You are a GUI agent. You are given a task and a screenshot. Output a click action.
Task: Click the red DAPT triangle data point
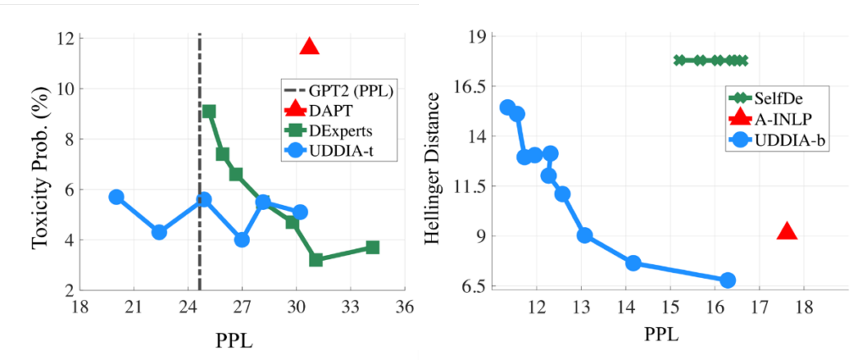click(x=310, y=47)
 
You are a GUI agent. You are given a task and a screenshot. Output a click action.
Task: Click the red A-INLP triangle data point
click(x=787, y=231)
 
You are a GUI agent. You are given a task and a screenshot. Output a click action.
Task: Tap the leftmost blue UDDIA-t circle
click(x=117, y=197)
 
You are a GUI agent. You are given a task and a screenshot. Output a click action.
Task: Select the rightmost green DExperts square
click(x=373, y=247)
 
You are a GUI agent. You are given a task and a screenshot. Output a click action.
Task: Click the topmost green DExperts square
click(x=209, y=111)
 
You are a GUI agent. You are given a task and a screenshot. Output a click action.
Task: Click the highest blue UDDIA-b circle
click(x=507, y=107)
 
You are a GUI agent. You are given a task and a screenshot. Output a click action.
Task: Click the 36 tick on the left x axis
click(x=405, y=305)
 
